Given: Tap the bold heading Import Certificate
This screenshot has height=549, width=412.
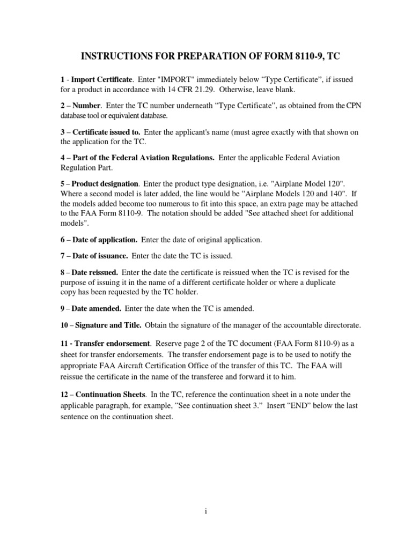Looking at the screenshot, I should pos(101,79).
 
